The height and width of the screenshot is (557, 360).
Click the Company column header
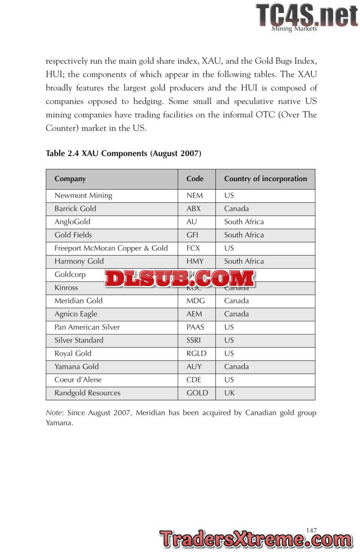pyautogui.click(x=70, y=178)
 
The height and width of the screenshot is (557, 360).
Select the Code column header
pyautogui.click(x=195, y=178)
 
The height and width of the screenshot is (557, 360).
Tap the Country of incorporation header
pyautogui.click(x=265, y=178)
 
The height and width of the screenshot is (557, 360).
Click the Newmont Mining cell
pyautogui.click(x=83, y=195)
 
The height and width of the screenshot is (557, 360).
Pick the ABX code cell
pyautogui.click(x=194, y=208)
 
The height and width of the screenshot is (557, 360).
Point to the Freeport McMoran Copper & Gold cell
pyautogui.click(x=111, y=248)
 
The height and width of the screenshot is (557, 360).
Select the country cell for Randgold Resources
pyautogui.click(x=229, y=393)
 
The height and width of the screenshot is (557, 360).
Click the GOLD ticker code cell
pyautogui.click(x=197, y=393)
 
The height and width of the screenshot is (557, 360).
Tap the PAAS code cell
pyautogui.click(x=195, y=327)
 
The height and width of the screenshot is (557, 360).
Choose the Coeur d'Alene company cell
pyautogui.click(x=78, y=380)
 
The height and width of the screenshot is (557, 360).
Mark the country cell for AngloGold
pyautogui.click(x=244, y=222)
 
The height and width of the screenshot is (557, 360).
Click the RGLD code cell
pyautogui.click(x=196, y=354)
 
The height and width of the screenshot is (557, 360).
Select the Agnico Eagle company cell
pyautogui.click(x=76, y=314)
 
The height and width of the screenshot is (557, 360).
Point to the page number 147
pyautogui.click(x=311, y=530)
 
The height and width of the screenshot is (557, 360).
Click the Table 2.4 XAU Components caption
pyautogui.click(x=123, y=153)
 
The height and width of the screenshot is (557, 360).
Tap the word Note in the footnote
pyautogui.click(x=54, y=413)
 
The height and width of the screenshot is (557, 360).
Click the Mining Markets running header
pyautogui.click(x=294, y=29)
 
